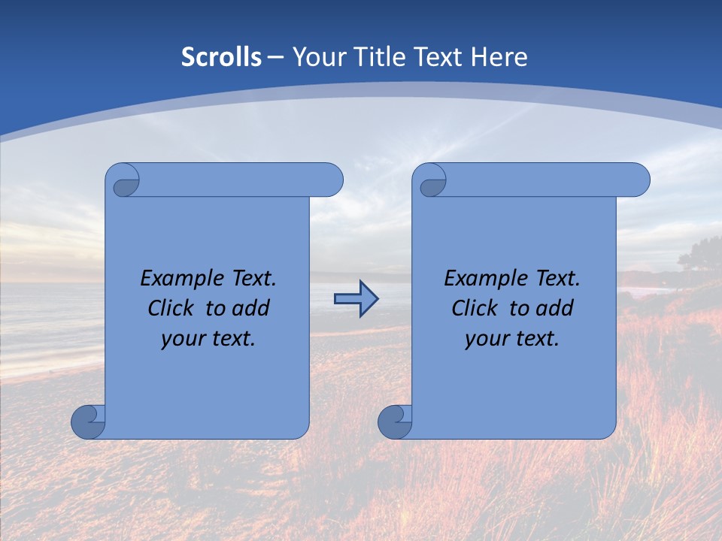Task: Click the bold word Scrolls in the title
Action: [x=221, y=57]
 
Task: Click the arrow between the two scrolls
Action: [x=356, y=298]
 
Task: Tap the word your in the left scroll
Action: [x=183, y=338]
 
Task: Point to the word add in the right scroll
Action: [x=555, y=308]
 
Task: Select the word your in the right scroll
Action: [x=487, y=338]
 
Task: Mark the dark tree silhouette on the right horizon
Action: [x=699, y=252]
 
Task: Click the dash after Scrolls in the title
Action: [x=275, y=57]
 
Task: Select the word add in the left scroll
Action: [x=251, y=308]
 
